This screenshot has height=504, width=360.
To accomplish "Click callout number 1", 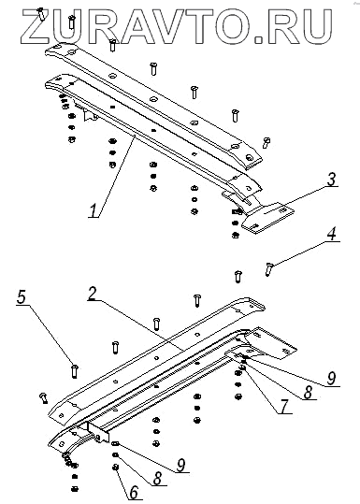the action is tap(94, 210).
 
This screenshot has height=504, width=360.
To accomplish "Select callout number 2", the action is tap(93, 294).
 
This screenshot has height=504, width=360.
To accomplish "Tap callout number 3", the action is tap(331, 180).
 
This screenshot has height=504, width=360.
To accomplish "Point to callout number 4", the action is tap(332, 234).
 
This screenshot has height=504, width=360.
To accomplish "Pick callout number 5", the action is tap(22, 297).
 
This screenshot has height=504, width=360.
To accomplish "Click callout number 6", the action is tap(134, 492).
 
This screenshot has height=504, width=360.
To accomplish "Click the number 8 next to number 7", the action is tap(308, 393).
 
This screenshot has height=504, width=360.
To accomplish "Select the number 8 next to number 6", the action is tap(157, 479).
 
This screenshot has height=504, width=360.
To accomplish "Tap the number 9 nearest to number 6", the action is tap(181, 465).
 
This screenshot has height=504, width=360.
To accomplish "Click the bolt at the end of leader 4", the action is tap(268, 268).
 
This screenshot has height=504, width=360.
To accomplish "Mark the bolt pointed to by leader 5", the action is tap(75, 370).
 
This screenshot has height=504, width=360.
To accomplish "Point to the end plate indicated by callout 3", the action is tap(267, 217).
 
